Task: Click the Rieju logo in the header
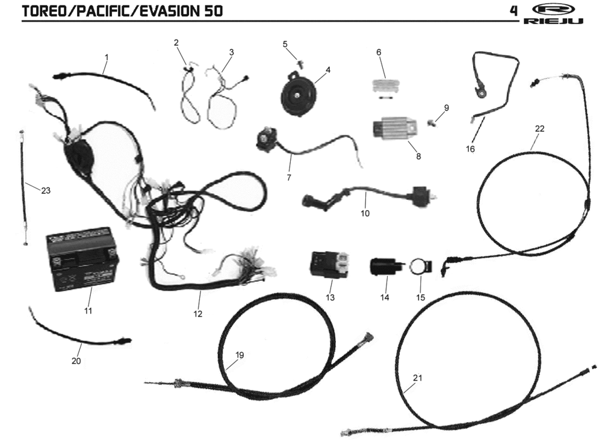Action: [x=553, y=14]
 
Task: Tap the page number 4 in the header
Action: [x=514, y=11]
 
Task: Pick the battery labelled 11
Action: [x=82, y=259]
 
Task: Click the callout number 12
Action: [x=197, y=314]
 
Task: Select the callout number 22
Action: [x=539, y=129]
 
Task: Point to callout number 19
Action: [x=240, y=355]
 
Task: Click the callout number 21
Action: [x=417, y=378]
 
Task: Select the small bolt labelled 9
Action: [x=432, y=122]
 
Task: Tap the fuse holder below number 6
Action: [x=386, y=89]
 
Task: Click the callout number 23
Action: [x=46, y=190]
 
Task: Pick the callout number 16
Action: [x=470, y=149]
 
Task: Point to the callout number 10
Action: [x=365, y=213]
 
